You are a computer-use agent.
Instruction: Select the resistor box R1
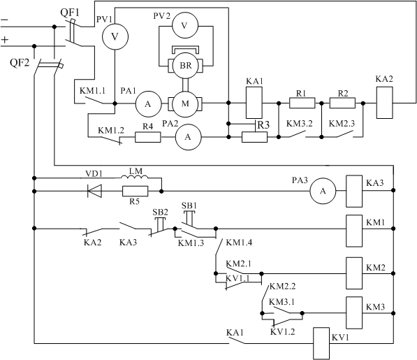click(302, 103)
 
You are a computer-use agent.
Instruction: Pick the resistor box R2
click(342, 103)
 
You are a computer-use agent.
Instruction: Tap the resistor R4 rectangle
click(148, 137)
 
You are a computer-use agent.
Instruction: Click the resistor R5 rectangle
click(135, 192)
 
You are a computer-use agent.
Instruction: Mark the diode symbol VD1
click(94, 191)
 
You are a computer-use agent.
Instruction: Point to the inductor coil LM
click(135, 178)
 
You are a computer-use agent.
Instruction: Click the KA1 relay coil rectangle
click(254, 103)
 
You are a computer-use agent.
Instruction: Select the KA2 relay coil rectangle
click(384, 103)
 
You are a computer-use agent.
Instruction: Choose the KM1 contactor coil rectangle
click(354, 231)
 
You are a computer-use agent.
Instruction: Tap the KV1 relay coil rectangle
click(321, 343)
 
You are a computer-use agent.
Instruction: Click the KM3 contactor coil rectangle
click(354, 313)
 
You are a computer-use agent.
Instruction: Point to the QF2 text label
click(20, 63)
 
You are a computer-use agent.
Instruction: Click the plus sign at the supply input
click(5, 40)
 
